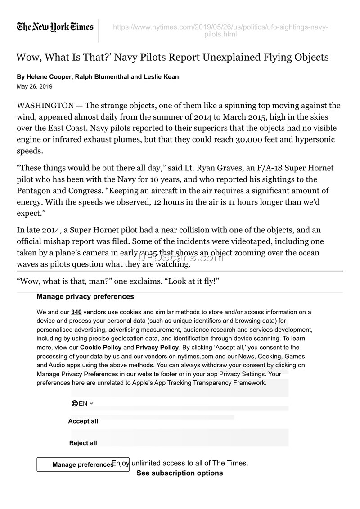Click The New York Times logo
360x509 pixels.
pos(55,27)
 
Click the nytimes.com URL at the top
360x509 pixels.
pos(220,31)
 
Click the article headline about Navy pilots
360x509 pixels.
pos(172,58)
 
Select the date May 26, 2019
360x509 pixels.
pos(35,86)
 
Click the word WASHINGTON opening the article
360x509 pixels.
pos(45,106)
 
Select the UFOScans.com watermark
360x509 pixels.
pos(180,258)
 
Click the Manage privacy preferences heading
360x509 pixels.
pos(85,297)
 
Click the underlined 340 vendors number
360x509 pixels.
pos(76,312)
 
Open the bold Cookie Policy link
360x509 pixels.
pos(101,348)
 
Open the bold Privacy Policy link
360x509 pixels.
pos(157,348)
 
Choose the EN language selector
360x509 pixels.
pos(82,403)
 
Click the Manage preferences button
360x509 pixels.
pos(83,464)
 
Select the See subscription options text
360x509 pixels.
pos(180,473)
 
